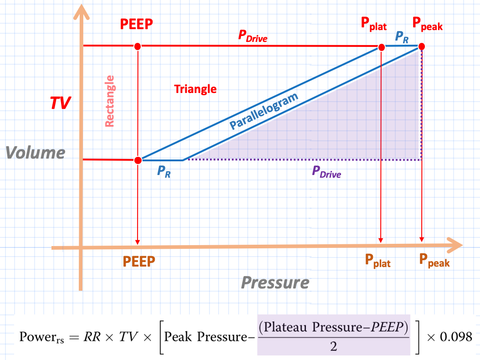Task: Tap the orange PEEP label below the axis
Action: [x=139, y=262]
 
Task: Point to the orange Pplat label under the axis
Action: [x=378, y=261]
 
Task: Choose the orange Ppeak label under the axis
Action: [x=434, y=261]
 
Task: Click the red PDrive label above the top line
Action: [x=253, y=36]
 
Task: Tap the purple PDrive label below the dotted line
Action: [x=326, y=172]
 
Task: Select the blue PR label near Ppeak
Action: [x=402, y=36]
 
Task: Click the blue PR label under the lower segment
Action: [x=164, y=172]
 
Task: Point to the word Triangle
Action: [x=195, y=89]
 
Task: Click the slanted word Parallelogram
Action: [x=264, y=111]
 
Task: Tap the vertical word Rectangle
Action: [x=110, y=101]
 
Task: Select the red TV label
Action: [x=60, y=103]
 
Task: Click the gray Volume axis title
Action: [x=36, y=153]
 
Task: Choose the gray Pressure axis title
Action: [x=275, y=283]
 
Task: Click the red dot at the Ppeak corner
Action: [x=422, y=46]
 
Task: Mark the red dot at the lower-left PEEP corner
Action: [x=138, y=160]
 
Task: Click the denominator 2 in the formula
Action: [x=333, y=346]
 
